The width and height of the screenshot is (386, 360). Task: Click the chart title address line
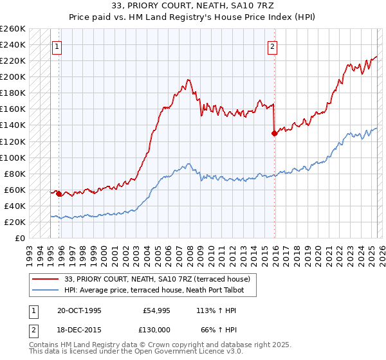pos(193,6)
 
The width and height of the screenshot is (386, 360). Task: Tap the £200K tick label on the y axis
pos(13,76)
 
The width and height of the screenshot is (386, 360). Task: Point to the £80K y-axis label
pos(15,174)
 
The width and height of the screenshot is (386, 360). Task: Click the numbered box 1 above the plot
pos(57,46)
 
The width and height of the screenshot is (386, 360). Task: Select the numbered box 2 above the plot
pos(273,46)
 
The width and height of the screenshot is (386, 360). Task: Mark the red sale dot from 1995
pos(59,193)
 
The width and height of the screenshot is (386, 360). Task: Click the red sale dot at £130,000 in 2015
pos(275,133)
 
